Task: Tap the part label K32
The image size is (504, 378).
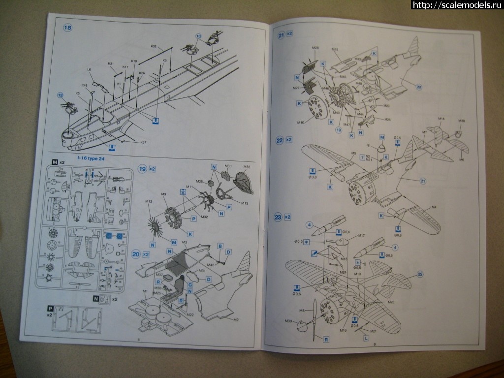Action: [154, 46]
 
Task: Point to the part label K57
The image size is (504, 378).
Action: [143, 143]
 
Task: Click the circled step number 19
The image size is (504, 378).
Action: [142, 168]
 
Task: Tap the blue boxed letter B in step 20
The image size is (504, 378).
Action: [220, 245]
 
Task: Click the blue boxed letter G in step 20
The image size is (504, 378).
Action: [189, 285]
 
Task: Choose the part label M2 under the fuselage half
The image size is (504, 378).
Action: [235, 320]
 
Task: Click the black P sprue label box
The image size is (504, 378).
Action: [50, 308]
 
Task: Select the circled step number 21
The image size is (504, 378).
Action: [281, 35]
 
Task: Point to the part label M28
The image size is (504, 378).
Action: [315, 47]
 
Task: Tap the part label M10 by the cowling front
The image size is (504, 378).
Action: [301, 122]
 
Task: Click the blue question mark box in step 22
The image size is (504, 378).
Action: [362, 156]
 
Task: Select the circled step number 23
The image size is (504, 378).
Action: [279, 217]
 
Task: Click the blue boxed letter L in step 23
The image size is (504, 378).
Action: [366, 339]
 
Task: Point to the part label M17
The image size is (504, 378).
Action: [361, 236]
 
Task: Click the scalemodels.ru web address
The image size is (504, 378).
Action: [457, 5]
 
